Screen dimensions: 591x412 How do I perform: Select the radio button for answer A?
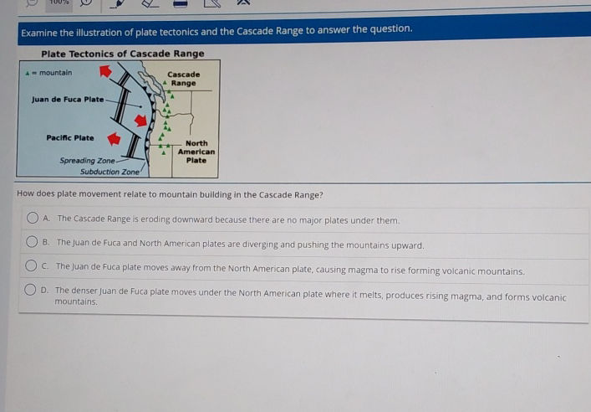33,218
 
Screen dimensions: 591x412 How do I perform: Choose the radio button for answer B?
32,241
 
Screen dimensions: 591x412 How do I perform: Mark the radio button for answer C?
31,265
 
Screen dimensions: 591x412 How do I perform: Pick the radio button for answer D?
30,290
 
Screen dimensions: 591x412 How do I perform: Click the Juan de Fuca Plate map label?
68,100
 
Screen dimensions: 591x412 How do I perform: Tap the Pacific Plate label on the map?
70,138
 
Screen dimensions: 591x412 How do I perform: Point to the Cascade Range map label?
184,79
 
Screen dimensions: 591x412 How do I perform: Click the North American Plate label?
196,152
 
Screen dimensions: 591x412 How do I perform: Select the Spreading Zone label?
88,161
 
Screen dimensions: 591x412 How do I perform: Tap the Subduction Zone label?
110,172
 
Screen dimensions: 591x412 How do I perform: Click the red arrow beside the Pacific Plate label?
114,139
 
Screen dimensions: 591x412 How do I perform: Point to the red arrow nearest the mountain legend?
105,71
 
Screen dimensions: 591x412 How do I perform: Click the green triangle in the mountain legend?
27,73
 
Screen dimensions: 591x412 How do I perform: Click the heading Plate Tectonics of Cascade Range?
123,54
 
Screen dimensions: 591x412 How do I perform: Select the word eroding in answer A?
155,219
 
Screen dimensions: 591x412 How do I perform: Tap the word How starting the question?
25,193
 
